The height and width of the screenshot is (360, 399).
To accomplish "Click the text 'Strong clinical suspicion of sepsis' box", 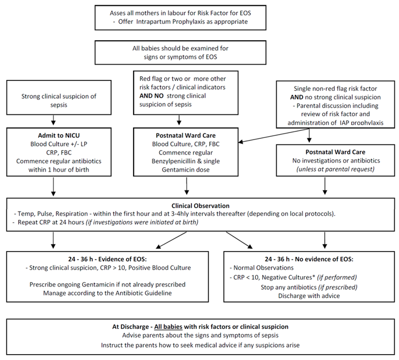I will click(x=51, y=101).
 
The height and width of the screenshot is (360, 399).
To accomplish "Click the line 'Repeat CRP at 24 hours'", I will click(x=74, y=222).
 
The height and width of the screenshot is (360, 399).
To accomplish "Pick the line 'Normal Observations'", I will click(x=264, y=267).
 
